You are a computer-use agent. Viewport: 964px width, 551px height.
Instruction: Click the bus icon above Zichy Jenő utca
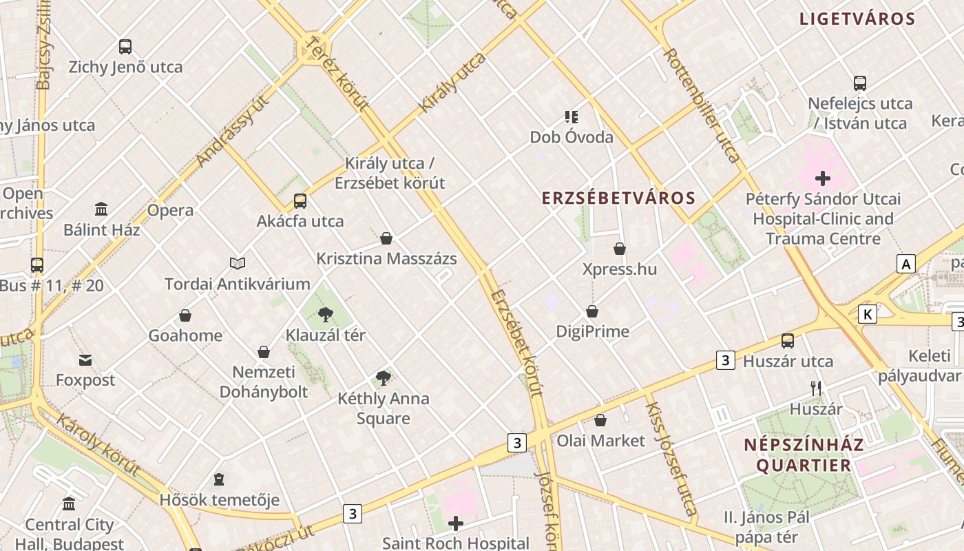[x=125, y=47]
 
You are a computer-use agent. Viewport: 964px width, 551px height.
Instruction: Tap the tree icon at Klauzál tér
[x=326, y=315]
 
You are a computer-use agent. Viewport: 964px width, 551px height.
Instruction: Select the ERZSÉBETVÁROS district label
[x=618, y=198]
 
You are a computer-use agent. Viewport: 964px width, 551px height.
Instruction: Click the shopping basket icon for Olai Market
[x=600, y=420]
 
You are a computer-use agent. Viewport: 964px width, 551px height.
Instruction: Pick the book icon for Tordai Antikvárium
[x=238, y=263]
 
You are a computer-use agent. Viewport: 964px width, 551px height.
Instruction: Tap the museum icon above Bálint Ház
[x=101, y=209]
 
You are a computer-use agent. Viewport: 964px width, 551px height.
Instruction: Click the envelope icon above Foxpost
[x=85, y=360]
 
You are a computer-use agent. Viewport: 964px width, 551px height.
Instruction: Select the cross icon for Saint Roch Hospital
[x=455, y=523]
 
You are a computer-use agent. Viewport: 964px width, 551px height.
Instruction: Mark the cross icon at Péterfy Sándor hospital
[x=822, y=179]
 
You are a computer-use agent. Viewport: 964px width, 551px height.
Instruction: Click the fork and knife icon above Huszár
[x=816, y=388]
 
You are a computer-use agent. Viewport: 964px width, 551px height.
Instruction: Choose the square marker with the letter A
[x=906, y=264]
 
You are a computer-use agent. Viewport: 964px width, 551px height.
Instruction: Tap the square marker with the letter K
[x=868, y=315]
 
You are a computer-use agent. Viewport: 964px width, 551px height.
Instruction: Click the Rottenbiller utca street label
[x=701, y=105]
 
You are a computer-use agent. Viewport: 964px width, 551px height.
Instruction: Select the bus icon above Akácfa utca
[x=300, y=201]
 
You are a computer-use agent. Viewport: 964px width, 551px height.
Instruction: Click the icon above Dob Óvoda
[x=571, y=117]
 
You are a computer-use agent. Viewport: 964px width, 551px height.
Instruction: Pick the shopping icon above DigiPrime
[x=592, y=311]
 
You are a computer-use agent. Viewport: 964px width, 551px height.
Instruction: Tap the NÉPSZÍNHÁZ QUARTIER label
[x=804, y=455]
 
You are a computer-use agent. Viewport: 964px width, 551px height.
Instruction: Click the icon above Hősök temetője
[x=219, y=479]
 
